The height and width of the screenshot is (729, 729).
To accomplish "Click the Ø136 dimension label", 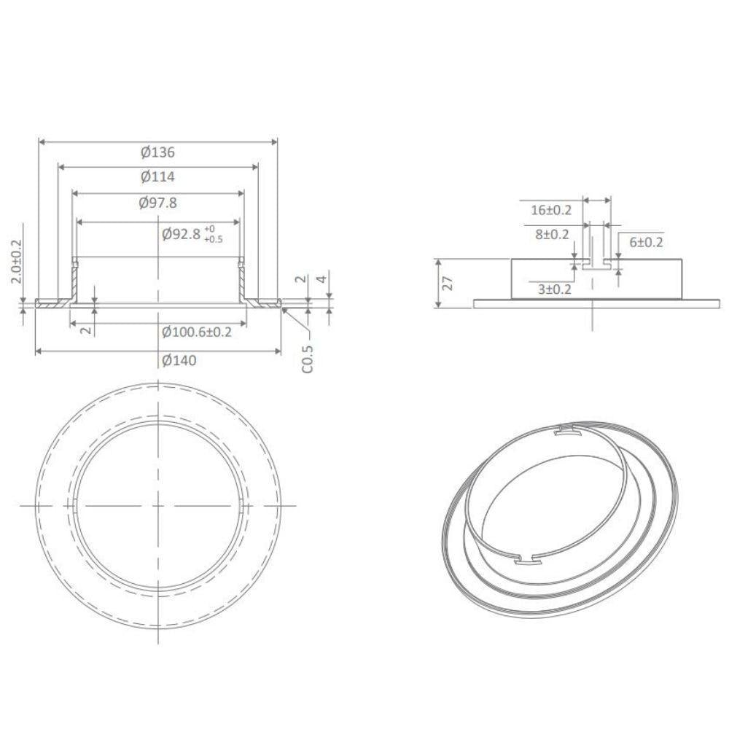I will (158, 153).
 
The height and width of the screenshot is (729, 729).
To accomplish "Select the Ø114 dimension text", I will (158, 177).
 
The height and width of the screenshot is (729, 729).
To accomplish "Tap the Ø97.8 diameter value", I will (158, 203).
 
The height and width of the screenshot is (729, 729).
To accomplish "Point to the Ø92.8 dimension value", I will (181, 235).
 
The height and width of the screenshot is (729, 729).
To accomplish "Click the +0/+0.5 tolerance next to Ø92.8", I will (214, 234).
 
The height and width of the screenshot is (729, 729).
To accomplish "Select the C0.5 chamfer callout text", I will (308, 359).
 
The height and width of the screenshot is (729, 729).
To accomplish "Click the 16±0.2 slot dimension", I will (551, 211).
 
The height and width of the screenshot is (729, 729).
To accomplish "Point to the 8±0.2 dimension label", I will (551, 234).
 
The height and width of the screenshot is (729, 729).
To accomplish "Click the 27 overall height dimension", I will (449, 283).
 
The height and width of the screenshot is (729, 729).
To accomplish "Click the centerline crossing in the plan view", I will (158, 505).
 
